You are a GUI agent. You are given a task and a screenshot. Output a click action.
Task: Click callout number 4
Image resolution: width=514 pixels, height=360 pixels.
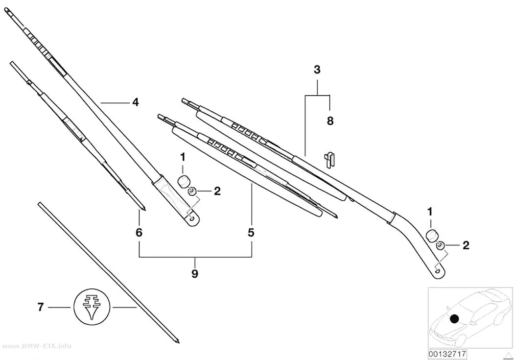pos(136,103)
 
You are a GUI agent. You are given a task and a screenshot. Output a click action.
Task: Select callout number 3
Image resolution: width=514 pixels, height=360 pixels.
pos(317,70)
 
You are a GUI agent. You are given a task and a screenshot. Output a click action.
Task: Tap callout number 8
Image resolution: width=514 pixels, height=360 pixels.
pos(330,121)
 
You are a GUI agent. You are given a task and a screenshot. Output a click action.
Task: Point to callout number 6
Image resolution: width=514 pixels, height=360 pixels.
pos(139,233)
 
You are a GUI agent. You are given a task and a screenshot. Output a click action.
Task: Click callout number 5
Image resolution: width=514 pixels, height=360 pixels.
pos(251,233)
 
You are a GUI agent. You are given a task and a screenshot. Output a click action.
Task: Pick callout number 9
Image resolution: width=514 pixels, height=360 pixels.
pos(195,273)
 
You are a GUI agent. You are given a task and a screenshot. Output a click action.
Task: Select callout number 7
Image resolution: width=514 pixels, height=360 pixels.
pos(40,307)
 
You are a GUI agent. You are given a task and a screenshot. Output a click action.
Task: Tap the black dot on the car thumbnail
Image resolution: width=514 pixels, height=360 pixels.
pos(454,318)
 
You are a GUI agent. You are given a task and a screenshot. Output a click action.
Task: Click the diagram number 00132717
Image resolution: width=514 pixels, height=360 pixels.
pos(447,354)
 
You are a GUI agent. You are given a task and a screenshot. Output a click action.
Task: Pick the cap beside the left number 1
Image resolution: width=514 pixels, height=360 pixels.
pos(184,181)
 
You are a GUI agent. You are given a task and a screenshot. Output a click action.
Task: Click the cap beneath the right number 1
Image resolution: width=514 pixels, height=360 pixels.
pos(432,236)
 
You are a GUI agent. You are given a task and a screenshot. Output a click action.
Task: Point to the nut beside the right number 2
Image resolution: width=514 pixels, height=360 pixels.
pos(440,245)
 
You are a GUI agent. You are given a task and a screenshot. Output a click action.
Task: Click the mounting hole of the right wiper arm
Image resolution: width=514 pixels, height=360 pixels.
pos(438,271)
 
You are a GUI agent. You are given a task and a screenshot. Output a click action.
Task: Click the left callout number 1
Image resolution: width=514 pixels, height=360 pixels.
pos(183,157)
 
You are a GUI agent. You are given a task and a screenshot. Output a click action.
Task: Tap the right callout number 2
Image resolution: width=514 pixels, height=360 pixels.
pos(466,245)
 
